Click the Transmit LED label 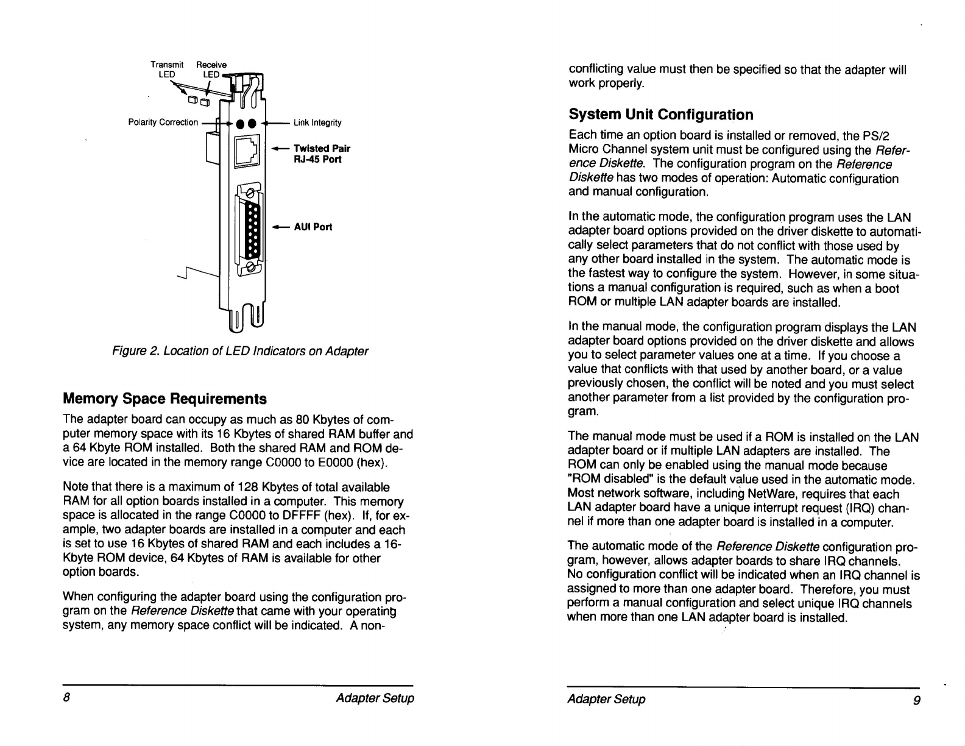click(166, 69)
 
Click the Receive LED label click(211, 69)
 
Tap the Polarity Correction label click(163, 123)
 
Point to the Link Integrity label click(317, 123)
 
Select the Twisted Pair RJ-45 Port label click(321, 154)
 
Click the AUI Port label click(313, 227)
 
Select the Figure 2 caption click(239, 351)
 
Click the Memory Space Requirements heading click(164, 399)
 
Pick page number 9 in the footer click(917, 699)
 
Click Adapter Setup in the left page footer click(375, 698)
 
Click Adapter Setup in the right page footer click(606, 699)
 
